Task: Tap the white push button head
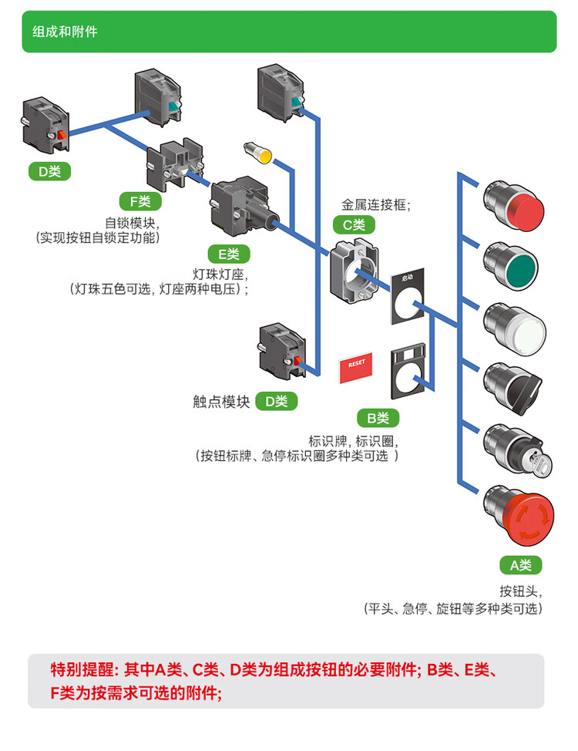pos(516,328)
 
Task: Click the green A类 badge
pos(521,565)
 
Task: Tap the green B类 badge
pos(378,419)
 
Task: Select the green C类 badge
pos(354,225)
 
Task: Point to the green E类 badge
pos(229,254)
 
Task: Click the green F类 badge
pos(140,202)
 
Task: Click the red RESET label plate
pos(356,367)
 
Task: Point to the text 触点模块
pos(221,402)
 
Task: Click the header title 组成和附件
pos(65,32)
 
